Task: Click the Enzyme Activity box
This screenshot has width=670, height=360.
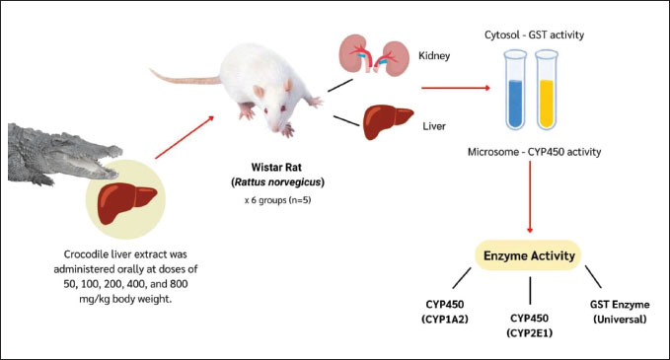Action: (x=529, y=255)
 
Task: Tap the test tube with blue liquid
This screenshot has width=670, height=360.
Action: (x=515, y=90)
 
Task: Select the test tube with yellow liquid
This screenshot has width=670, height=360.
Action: (x=547, y=90)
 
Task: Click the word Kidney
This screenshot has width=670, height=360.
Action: (x=434, y=56)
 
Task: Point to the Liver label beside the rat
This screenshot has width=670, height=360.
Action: (x=434, y=126)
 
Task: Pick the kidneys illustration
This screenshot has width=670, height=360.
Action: (x=372, y=55)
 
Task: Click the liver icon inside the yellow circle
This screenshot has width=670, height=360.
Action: (x=127, y=203)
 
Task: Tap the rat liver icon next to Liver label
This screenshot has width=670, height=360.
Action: (x=388, y=121)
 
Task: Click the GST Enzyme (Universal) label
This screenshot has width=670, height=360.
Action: (x=620, y=312)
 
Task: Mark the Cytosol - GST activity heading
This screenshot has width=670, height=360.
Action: (x=534, y=36)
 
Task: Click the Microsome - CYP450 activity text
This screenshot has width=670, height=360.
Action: (x=534, y=152)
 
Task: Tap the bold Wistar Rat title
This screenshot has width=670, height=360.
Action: (x=276, y=167)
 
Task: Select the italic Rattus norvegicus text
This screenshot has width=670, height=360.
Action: (x=277, y=182)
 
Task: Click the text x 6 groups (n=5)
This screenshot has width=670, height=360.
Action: (x=277, y=200)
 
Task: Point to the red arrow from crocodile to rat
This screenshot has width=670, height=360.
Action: (x=185, y=137)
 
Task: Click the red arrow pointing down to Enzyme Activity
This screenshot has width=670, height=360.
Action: (x=530, y=197)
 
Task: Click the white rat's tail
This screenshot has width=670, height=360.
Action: (x=184, y=77)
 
